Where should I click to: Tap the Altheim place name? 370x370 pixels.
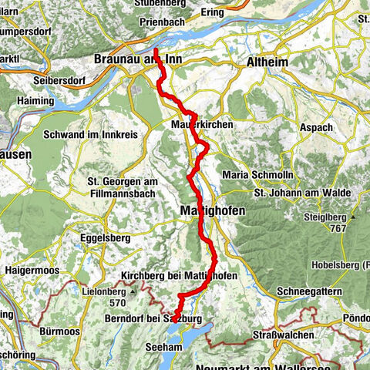[266, 59]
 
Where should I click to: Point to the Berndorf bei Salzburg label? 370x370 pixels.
[155, 318]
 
